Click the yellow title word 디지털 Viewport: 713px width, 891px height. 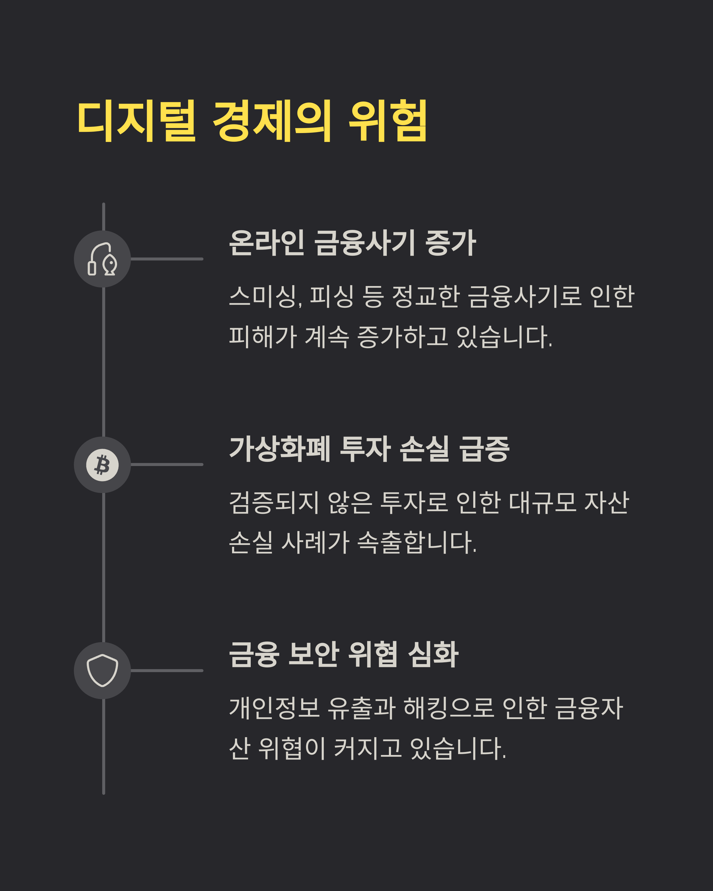[x=136, y=120]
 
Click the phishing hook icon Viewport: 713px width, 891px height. [x=102, y=259]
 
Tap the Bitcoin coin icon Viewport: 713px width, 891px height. [x=102, y=465]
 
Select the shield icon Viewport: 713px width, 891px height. [x=102, y=670]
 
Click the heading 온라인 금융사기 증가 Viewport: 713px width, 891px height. [x=353, y=243]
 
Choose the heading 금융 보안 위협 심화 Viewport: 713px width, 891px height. [x=343, y=654]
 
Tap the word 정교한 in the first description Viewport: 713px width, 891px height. [x=426, y=296]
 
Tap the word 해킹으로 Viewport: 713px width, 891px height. [x=449, y=708]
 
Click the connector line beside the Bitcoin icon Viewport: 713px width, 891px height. [x=167, y=465]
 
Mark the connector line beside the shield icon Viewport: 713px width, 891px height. [x=167, y=670]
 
